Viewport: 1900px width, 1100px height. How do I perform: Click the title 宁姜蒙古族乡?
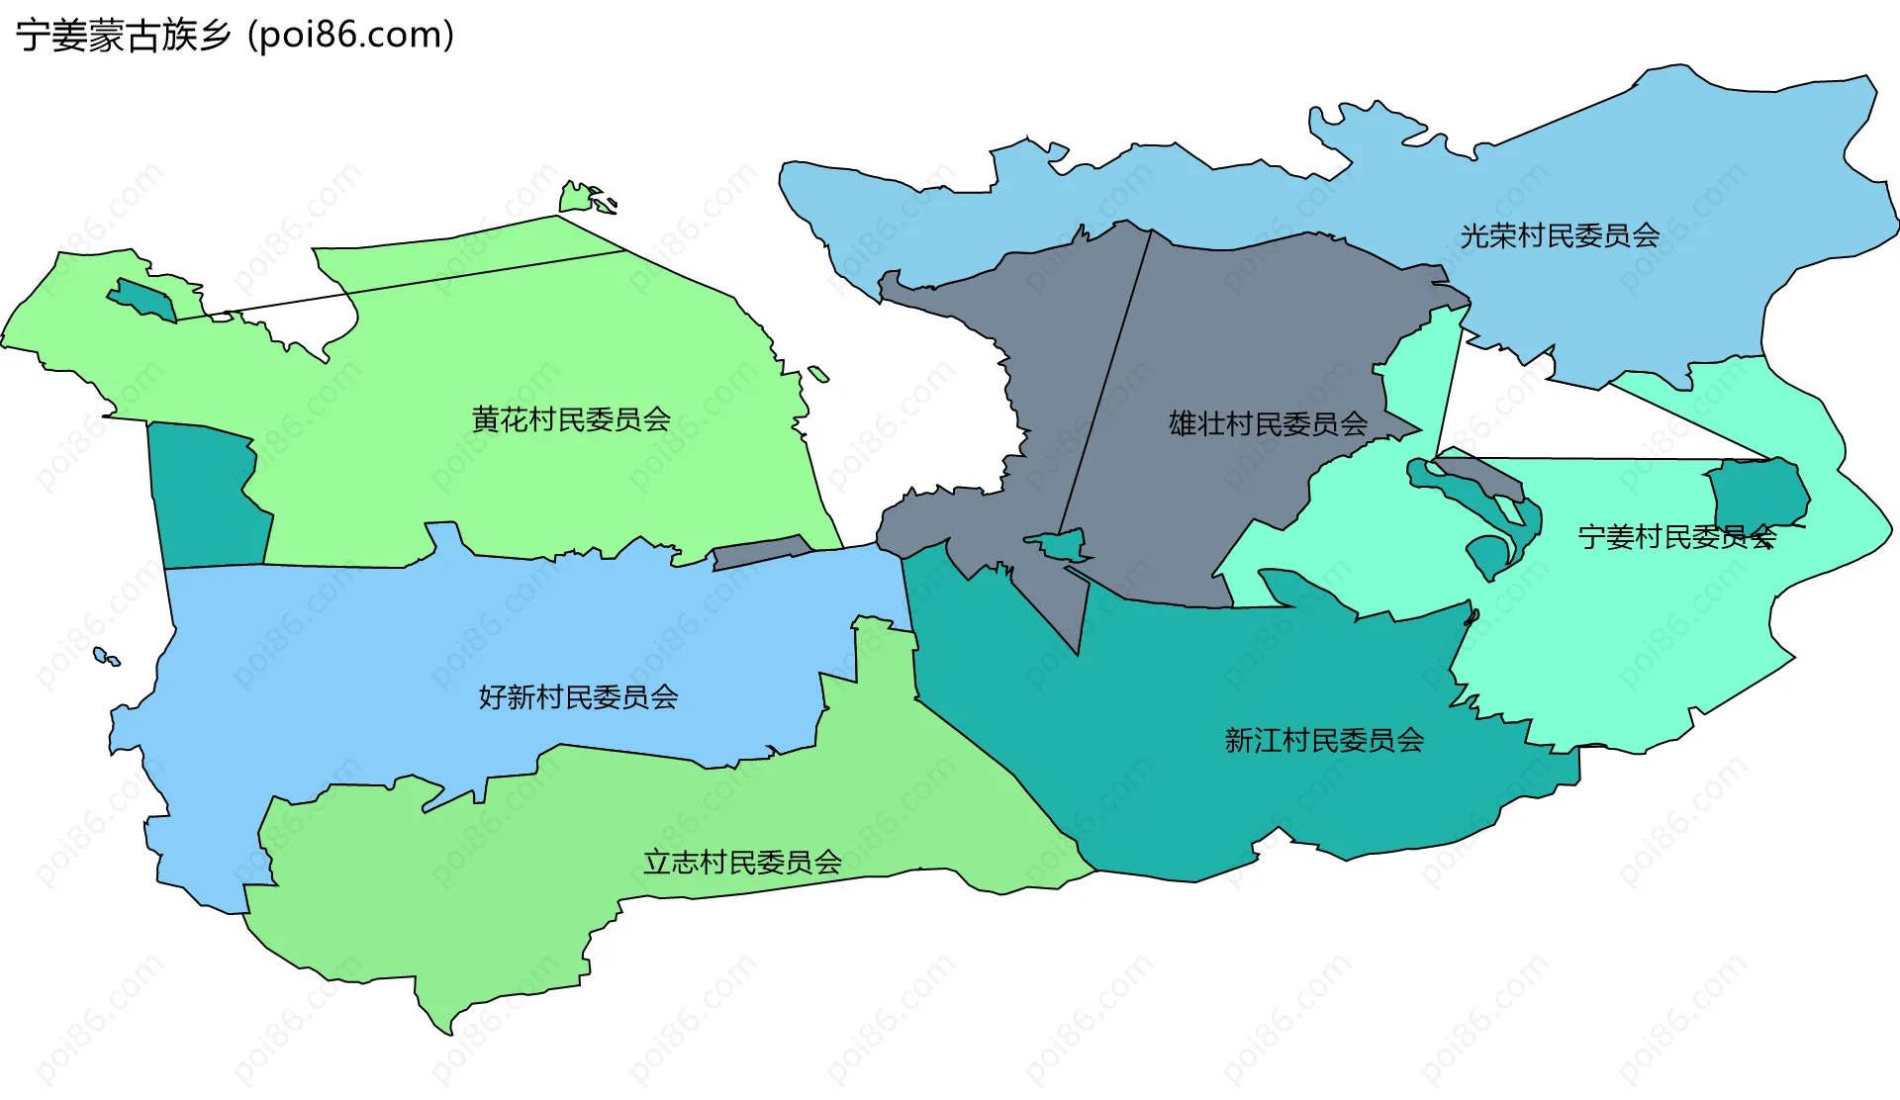123,36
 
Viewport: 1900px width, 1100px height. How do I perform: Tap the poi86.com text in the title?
351,36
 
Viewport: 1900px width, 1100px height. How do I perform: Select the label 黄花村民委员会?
571,420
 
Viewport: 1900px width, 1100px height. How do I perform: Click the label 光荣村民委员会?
1560,236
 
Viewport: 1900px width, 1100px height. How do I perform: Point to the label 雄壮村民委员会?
1268,424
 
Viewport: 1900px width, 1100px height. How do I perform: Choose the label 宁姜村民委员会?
1676,537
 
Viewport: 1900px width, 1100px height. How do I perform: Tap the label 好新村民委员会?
578,698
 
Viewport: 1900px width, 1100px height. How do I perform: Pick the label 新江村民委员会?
1324,741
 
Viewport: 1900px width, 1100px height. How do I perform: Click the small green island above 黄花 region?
579,198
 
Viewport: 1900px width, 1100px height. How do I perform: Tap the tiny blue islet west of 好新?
102,655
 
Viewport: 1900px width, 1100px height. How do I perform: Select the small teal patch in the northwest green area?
144,299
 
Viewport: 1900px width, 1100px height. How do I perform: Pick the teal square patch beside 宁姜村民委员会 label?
1757,492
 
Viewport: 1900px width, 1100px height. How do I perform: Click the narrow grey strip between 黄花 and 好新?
760,552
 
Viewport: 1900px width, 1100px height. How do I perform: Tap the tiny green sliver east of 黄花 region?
818,374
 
